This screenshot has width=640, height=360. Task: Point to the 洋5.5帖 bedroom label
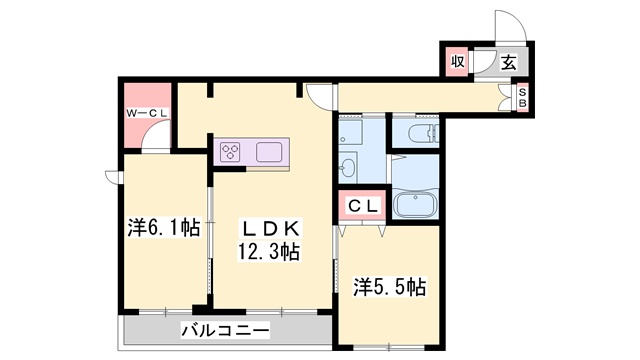pos(390,288)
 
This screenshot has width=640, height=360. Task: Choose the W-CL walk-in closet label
pos(146,114)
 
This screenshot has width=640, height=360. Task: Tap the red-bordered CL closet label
pos(362,206)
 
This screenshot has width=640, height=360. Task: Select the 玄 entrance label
pos(508,62)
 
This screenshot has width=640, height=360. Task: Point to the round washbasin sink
pos(347,166)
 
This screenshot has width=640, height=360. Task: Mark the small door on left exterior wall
pos(113,180)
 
